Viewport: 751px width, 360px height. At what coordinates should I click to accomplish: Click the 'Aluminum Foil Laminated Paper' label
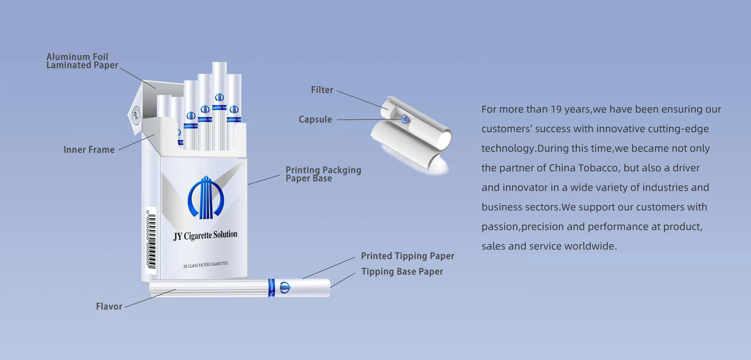[x=82, y=61]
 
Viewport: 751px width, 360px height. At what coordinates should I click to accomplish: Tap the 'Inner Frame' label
[x=89, y=149]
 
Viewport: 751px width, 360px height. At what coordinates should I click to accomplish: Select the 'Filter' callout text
[x=322, y=90]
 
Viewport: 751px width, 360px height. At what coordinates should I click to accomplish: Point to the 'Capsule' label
[x=315, y=119]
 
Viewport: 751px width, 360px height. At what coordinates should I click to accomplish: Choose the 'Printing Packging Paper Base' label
[x=323, y=174]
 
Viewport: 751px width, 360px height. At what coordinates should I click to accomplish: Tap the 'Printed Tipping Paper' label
[x=407, y=256]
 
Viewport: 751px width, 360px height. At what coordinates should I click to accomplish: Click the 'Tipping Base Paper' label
[x=402, y=272]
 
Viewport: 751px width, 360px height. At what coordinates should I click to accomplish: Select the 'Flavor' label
[x=109, y=306]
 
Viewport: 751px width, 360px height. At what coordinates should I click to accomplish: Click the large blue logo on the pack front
[x=205, y=198]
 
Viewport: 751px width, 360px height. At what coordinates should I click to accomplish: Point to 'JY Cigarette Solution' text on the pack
[x=205, y=236]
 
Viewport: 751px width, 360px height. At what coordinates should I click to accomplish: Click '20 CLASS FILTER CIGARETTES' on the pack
[x=205, y=265]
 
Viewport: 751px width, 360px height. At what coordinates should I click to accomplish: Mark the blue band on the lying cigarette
[x=271, y=288]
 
